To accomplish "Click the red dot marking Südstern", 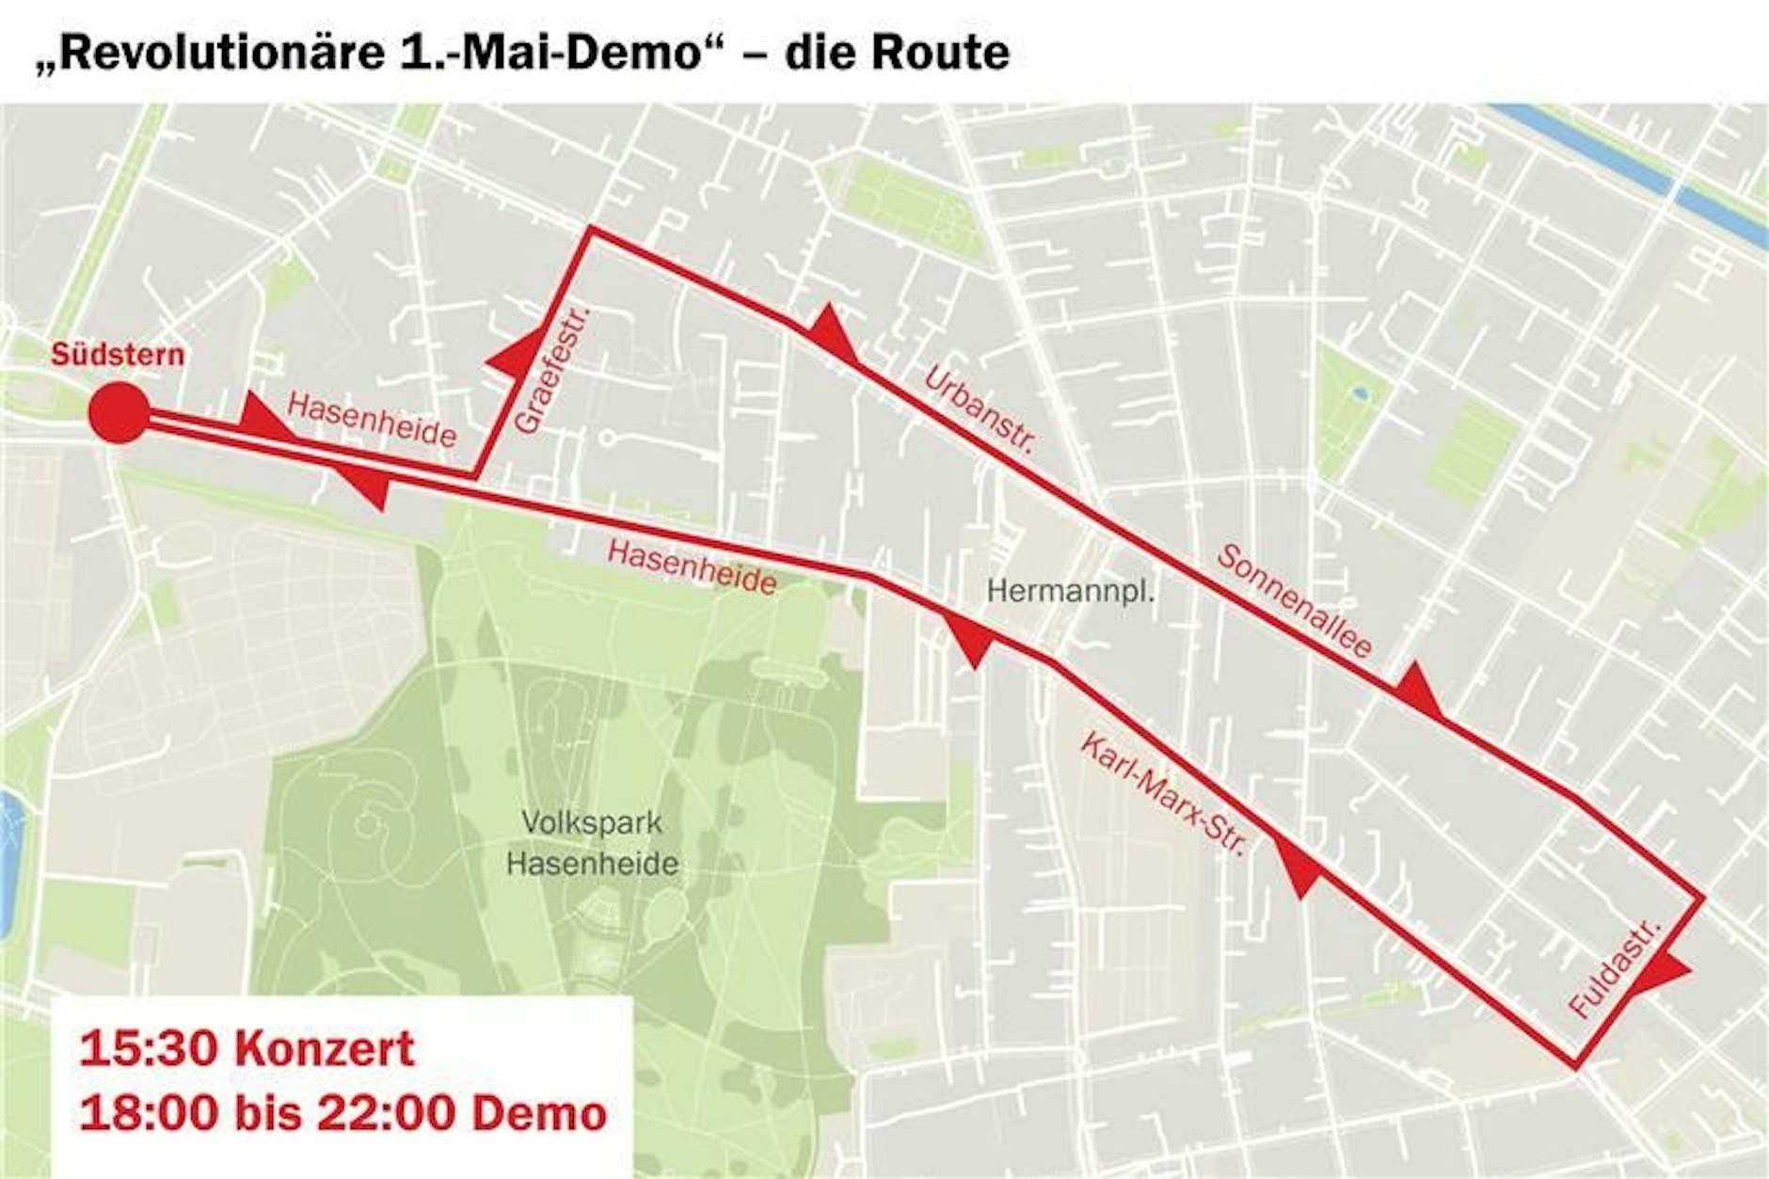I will point(119,412).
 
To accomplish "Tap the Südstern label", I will point(118,355).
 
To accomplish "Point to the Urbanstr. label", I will point(980,410).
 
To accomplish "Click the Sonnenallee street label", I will point(1295,599).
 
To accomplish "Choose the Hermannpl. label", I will point(1070,592).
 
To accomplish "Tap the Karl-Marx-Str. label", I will point(1163,793).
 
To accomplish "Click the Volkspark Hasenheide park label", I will point(592,843).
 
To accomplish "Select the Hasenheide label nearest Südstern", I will point(372,420).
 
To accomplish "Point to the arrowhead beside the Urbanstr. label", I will point(832,333).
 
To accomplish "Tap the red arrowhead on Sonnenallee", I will point(1417,692).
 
